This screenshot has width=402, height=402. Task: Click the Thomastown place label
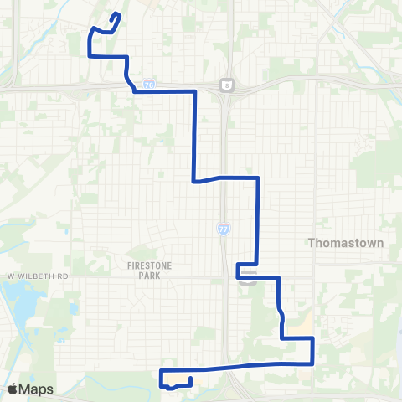(346, 243)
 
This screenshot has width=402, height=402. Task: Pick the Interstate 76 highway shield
(148, 85)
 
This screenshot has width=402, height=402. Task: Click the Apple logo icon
(13, 389)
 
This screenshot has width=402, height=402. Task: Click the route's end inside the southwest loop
(190, 379)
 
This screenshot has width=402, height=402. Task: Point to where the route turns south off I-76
(194, 91)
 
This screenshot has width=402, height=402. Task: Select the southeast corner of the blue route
(312, 363)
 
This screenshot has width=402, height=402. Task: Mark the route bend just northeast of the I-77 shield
(257, 178)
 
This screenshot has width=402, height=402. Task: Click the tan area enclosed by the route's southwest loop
(176, 377)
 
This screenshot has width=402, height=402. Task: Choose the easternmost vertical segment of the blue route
(312, 350)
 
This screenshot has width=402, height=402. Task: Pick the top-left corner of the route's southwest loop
(160, 370)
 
